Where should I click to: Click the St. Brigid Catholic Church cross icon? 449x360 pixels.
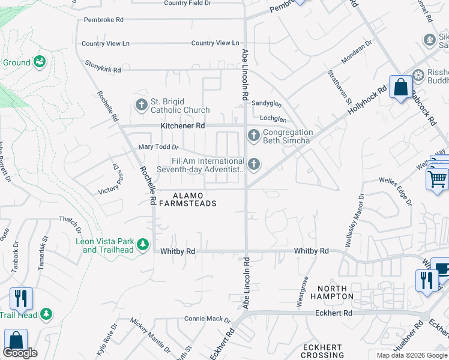[142, 106]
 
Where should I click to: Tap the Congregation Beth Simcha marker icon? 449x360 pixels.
[254, 136]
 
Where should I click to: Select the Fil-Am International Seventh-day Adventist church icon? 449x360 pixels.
[254, 164]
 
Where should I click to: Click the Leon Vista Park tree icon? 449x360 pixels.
[143, 245]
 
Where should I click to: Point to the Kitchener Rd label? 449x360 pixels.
[182, 126]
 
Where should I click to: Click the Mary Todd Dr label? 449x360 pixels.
[158, 147]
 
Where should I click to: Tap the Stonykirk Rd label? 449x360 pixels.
[103, 70]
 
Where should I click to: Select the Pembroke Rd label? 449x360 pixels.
[103, 20]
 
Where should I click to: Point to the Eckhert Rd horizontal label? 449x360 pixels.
[333, 313]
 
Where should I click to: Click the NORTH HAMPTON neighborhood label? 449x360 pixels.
[332, 292]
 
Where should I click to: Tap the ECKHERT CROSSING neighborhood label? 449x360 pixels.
[322, 352]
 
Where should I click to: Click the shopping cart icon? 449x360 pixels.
[438, 178]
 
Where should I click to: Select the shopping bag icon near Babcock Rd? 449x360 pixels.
[400, 88]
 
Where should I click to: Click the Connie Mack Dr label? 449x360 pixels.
[207, 319]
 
